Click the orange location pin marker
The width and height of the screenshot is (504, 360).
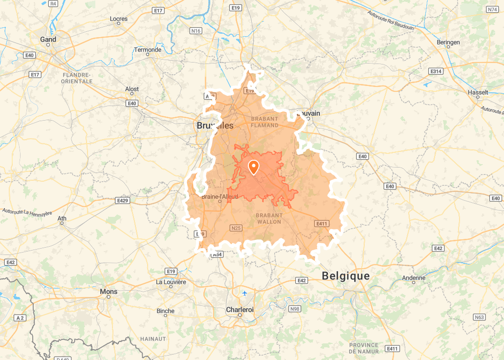pos(254,167)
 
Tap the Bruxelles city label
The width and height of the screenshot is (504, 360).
pos(215,126)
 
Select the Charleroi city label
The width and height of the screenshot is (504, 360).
pos(240,310)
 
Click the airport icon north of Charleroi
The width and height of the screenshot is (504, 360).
pos(244,293)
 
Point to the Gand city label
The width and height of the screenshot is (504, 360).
pos(48,40)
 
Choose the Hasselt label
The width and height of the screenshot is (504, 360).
pos(478,92)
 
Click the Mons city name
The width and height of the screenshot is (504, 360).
pos(108,292)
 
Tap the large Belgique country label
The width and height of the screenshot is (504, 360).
pos(346,276)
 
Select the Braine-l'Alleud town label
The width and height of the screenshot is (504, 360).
pos(219,197)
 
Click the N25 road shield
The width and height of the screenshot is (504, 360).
pos(236,228)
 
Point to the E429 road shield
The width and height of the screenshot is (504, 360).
pos(122,200)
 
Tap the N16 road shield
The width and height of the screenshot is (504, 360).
pos(196,31)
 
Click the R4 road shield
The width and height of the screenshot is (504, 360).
pos(53,3)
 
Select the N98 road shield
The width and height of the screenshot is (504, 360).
pos(295,309)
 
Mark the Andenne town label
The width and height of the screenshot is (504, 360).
pos(414,278)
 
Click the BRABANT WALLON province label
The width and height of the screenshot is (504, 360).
pos(269,218)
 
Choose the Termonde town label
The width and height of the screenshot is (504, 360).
pos(148,50)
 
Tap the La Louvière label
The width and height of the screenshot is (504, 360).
pos(171,282)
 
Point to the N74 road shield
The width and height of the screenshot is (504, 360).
pos(492,9)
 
